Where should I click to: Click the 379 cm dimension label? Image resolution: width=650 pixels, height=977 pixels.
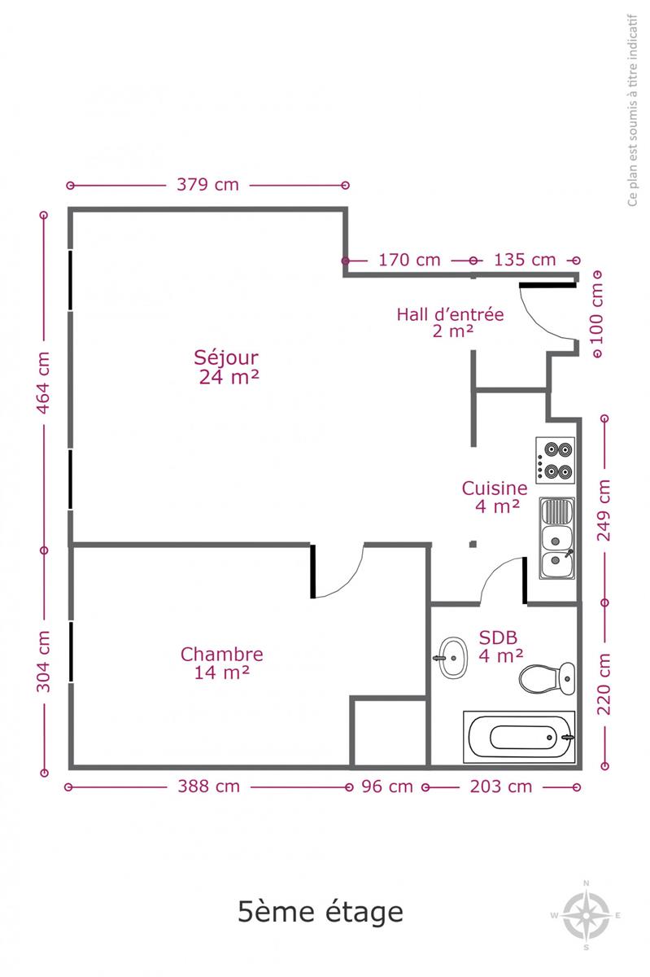click(x=207, y=185)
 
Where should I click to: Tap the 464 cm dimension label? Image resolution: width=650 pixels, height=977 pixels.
click(x=43, y=382)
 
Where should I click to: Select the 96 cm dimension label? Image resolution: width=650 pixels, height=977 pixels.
click(x=387, y=786)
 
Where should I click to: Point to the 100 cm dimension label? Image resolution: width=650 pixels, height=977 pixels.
click(x=596, y=313)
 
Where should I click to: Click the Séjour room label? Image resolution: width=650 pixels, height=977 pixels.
click(x=228, y=367)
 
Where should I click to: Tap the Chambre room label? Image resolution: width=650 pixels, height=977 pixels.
click(x=222, y=663)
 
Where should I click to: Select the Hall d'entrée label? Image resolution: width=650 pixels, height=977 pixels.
click(x=451, y=322)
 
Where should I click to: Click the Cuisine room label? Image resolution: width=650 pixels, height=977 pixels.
click(x=495, y=497)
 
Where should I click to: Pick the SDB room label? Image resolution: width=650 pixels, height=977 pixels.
click(x=500, y=646)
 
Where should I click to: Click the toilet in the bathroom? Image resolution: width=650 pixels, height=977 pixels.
click(x=547, y=678)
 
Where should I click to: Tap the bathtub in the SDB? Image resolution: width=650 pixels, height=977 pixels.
click(x=519, y=737)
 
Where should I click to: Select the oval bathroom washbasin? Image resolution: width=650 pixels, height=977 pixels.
click(x=452, y=658)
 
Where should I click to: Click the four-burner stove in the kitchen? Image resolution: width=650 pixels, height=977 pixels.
click(x=555, y=460)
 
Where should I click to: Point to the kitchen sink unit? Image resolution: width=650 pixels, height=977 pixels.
click(x=556, y=538)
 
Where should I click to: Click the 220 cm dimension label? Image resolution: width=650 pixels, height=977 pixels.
click(x=604, y=684)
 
